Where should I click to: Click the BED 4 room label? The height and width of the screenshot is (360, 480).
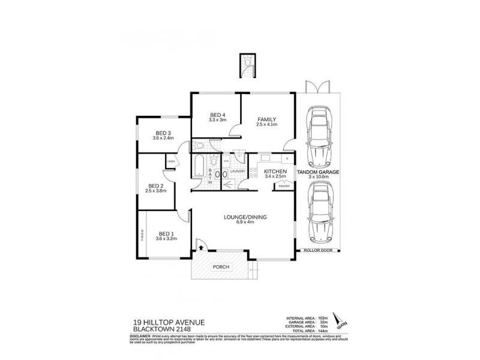tap(217, 115)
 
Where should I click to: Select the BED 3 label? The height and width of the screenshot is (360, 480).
tap(163, 133)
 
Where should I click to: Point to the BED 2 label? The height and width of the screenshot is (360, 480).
tap(155, 186)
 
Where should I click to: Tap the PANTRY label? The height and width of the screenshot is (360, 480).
tap(283, 187)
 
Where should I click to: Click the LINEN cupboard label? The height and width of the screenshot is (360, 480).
tap(171, 161)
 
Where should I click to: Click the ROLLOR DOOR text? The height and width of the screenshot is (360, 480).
tap(319, 251)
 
